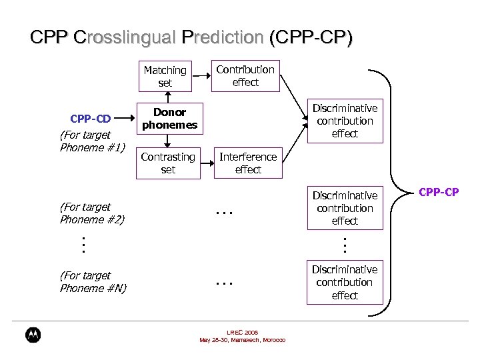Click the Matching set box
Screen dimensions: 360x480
click(x=165, y=76)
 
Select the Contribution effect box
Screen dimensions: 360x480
click(x=245, y=75)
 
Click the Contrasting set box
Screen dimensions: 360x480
click(x=168, y=163)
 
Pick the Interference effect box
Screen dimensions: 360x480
click(x=248, y=163)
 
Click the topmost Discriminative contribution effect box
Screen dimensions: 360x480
click(x=345, y=121)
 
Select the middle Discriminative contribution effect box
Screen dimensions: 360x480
click(x=345, y=208)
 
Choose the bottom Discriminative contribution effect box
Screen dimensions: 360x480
click(x=345, y=282)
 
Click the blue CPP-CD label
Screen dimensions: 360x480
click(x=91, y=119)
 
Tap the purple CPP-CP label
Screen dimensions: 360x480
click(x=438, y=193)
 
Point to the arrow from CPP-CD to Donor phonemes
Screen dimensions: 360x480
click(x=125, y=119)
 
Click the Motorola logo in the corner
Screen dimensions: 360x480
click(x=33, y=335)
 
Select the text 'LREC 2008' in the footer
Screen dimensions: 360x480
click(x=242, y=333)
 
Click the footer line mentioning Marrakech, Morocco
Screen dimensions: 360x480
click(x=242, y=340)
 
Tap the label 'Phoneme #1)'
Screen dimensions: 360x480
click(x=92, y=147)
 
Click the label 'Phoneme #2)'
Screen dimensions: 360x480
click(x=92, y=219)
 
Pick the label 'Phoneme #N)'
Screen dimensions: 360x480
click(x=93, y=288)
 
